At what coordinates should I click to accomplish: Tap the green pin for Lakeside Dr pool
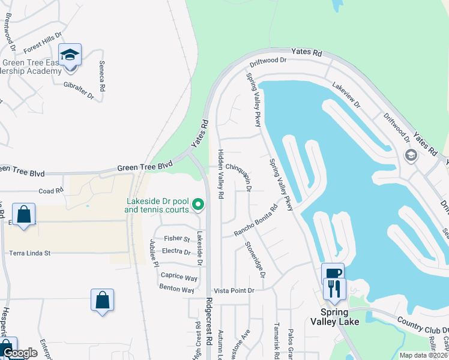click(x=197, y=206)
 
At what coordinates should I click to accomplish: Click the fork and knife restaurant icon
click(x=333, y=289)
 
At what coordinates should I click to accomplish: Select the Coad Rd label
click(x=50, y=191)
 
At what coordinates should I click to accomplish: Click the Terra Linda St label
click(x=29, y=253)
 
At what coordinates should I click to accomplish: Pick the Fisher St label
click(x=177, y=239)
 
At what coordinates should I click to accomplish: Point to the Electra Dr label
click(x=176, y=252)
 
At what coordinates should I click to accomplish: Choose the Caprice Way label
click(x=179, y=278)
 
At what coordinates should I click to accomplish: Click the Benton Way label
click(x=176, y=290)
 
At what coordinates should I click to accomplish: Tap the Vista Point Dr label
click(x=235, y=290)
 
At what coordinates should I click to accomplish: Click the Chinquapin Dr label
click(x=238, y=173)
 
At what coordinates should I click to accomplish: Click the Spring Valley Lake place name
click(x=339, y=317)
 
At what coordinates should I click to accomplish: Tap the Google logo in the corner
click(x=19, y=353)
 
